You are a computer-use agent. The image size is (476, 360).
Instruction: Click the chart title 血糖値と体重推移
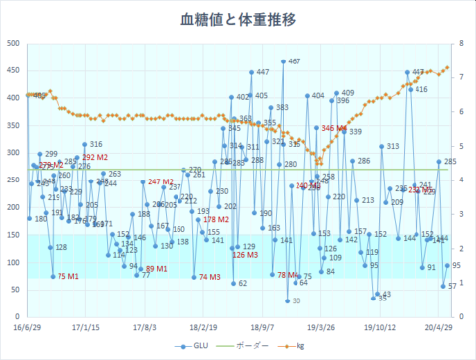[237, 19]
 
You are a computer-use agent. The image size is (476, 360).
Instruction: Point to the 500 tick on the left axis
[13, 44]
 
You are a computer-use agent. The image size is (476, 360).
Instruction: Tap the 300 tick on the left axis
[13, 152]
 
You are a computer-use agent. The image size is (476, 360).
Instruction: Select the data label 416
[421, 89]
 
